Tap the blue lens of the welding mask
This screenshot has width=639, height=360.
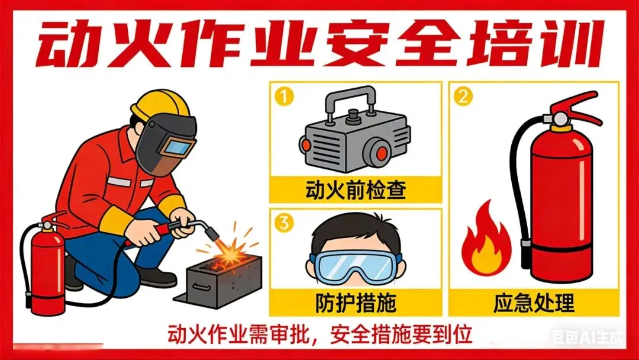[x=177, y=147]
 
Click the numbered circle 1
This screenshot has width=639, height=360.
[x=284, y=97]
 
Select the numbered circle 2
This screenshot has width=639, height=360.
[x=463, y=97]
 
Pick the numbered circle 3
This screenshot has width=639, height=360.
[x=284, y=223]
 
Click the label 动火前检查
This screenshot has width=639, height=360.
[x=356, y=190]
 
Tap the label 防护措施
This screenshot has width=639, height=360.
[x=356, y=303]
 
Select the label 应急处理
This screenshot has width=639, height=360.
[x=534, y=303]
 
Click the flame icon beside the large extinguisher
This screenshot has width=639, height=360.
[x=486, y=240]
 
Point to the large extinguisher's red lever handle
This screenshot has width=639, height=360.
[x=578, y=107]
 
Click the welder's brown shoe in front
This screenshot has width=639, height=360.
[x=156, y=277]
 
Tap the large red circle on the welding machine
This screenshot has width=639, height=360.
[x=381, y=153]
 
